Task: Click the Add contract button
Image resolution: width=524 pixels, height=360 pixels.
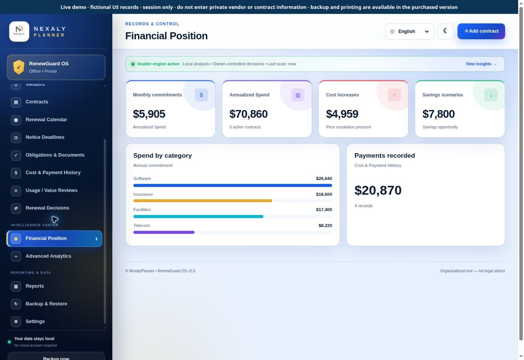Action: tap(481, 31)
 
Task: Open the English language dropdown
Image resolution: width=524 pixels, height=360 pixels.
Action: tap(409, 31)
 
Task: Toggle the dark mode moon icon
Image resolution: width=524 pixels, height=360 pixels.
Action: tap(445, 31)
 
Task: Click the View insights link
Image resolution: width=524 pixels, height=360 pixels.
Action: tap(481, 64)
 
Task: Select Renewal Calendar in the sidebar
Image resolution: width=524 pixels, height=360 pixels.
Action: tap(46, 120)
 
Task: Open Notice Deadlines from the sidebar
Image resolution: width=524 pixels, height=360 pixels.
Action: tap(45, 137)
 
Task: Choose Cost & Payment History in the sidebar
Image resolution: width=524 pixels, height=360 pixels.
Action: tap(53, 173)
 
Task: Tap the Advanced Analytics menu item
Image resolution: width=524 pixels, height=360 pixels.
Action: tap(48, 256)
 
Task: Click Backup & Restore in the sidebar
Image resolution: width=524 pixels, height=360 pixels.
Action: tap(46, 304)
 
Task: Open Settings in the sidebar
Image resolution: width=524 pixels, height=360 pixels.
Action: tap(35, 322)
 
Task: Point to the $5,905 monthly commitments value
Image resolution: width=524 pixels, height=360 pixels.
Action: tap(149, 114)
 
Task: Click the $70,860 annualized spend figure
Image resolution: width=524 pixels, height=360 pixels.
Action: tap(248, 114)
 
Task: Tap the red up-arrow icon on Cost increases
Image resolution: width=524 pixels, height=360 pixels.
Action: tap(394, 95)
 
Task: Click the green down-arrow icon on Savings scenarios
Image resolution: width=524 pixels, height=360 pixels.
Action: tap(491, 95)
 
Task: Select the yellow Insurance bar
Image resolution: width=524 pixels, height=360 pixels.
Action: tap(203, 201)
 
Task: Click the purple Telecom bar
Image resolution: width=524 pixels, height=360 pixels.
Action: tap(164, 232)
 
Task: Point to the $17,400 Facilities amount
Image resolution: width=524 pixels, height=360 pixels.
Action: tap(324, 210)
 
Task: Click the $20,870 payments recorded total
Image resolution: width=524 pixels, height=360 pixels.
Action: tap(378, 190)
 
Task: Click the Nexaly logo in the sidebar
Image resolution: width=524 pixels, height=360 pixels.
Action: tap(19, 31)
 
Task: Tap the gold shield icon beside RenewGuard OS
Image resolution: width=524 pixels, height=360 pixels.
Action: tap(19, 67)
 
